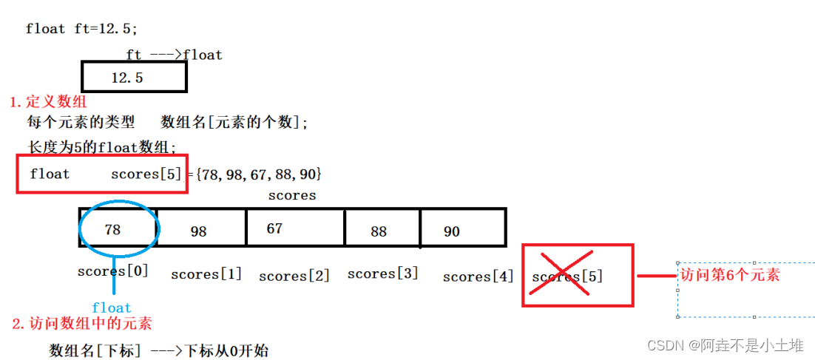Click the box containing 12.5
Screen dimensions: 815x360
134,77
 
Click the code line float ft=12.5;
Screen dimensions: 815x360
81,29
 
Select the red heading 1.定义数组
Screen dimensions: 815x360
47,101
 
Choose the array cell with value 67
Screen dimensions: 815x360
295,228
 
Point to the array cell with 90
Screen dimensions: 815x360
463,228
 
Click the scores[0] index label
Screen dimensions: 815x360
112,271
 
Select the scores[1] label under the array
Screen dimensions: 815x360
206,274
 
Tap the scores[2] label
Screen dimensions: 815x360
294,276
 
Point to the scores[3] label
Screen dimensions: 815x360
382,274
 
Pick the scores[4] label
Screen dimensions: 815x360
478,276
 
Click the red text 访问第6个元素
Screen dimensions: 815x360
729,275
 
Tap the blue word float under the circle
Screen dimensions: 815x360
112,308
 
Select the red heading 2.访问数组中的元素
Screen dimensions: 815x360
82,323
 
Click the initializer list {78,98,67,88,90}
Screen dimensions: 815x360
259,174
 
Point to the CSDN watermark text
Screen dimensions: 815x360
725,345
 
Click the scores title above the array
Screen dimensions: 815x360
291,195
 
